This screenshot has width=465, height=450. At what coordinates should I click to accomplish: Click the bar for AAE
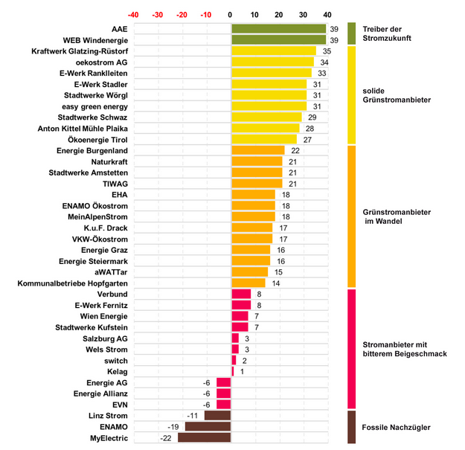[x=278, y=28]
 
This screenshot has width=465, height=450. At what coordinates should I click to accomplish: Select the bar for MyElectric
[x=204, y=438]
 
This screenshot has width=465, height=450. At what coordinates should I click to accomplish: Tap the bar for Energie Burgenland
[x=258, y=150]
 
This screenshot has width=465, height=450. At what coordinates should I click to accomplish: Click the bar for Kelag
[x=233, y=371]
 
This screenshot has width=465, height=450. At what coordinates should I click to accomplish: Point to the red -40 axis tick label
[x=133, y=14]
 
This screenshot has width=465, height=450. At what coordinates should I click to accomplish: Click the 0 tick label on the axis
[x=231, y=14]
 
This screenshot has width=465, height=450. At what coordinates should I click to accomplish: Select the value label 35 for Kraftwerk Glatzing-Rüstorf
[x=327, y=51]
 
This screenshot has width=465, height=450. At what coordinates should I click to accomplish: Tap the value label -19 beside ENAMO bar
[x=173, y=427]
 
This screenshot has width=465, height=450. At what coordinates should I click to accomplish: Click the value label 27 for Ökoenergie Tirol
[x=307, y=139]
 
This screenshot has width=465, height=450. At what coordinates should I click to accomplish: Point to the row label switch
[x=116, y=361]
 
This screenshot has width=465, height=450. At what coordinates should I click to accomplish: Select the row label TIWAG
[x=115, y=184]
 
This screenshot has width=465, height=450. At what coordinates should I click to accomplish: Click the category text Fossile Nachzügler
[x=396, y=427]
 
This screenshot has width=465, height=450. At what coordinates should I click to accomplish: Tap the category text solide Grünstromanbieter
[x=396, y=94]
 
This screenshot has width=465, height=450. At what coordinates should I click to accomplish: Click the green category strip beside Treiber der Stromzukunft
[x=352, y=33]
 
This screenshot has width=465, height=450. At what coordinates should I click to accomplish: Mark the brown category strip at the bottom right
[x=352, y=427]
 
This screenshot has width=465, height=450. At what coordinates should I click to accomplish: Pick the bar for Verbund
[x=241, y=295]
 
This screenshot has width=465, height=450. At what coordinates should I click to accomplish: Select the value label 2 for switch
[x=244, y=361]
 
